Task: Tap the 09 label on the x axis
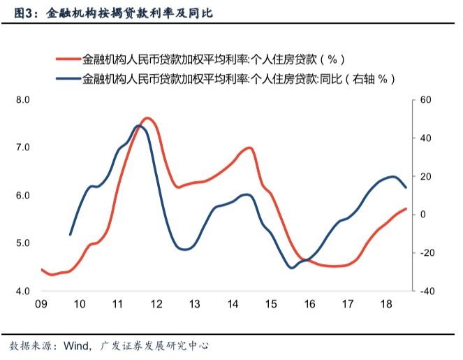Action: tap(41, 304)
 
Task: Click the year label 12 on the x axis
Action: tap(156, 304)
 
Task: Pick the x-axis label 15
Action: tap(271, 304)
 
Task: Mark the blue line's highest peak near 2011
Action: tap(138, 126)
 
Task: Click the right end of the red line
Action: tap(406, 209)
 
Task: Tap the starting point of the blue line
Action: tap(70, 235)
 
